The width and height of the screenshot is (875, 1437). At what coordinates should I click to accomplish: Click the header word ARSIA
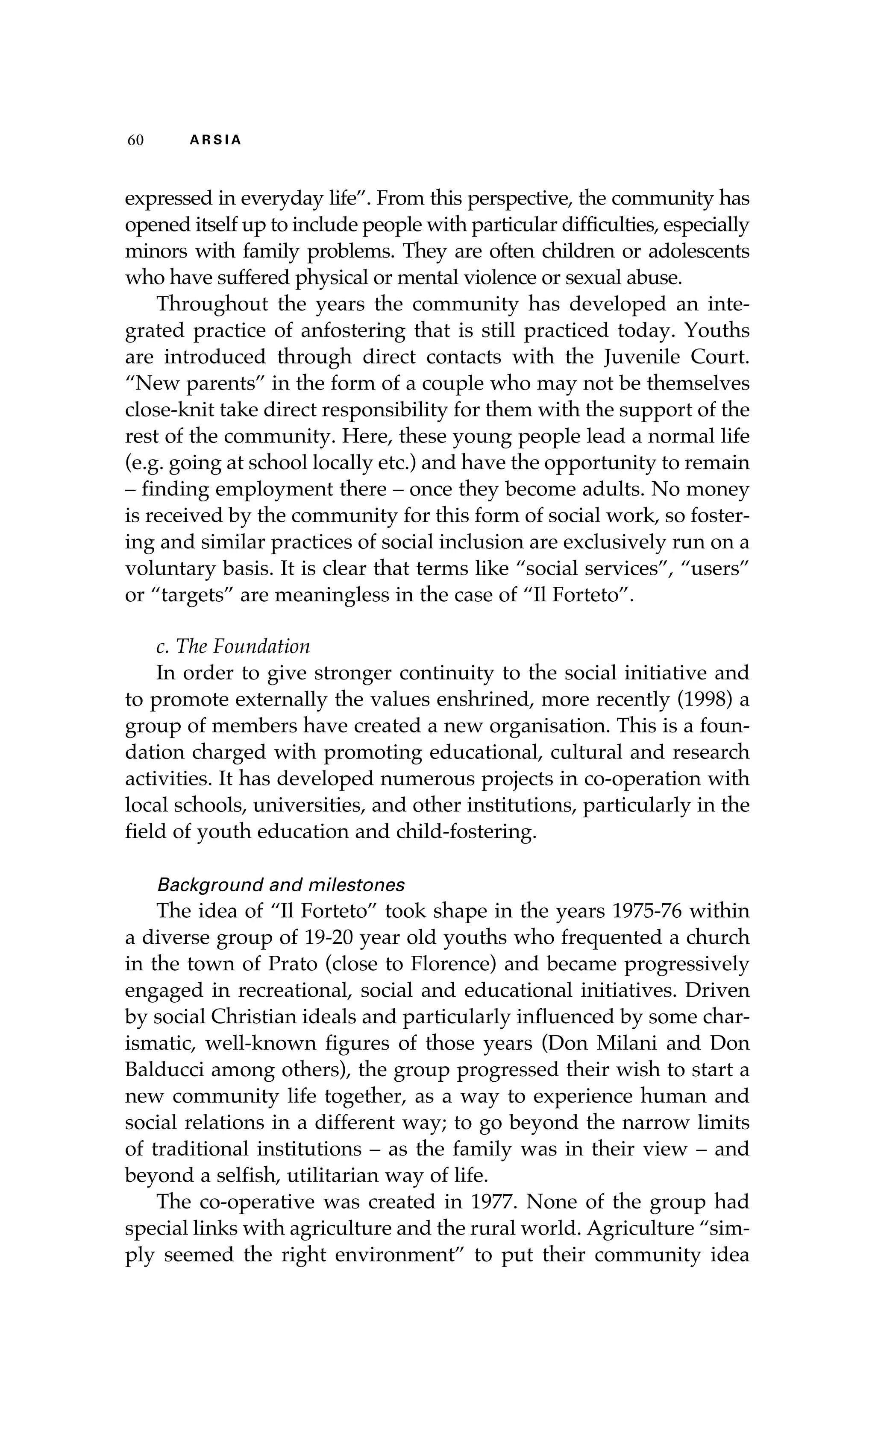coord(215,140)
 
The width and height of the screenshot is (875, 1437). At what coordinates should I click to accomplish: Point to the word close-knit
coord(169,410)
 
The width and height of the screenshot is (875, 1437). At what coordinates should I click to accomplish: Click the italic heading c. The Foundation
coord(233,646)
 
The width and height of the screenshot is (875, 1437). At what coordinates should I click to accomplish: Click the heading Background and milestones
coord(281,885)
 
